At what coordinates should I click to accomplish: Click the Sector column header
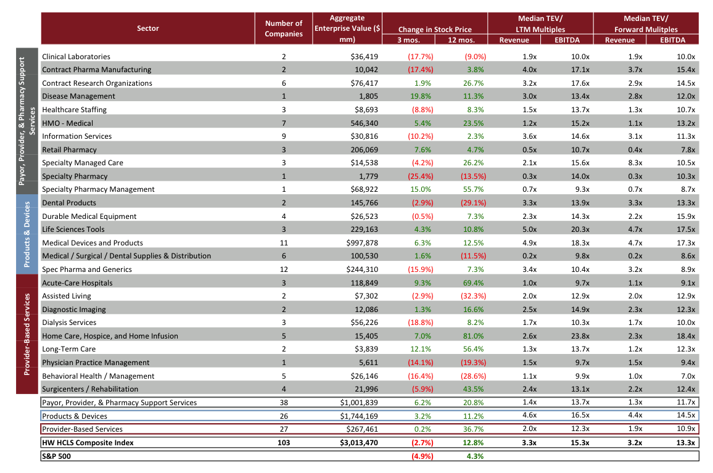[x=147, y=28]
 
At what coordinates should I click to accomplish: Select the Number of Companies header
[x=284, y=28]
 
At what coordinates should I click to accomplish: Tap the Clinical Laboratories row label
[x=76, y=57]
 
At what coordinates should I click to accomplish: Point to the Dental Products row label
[x=69, y=203]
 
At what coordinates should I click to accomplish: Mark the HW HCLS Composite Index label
[x=88, y=443]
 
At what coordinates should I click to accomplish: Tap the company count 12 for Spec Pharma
[x=284, y=269]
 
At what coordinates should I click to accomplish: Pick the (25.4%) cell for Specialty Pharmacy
[x=420, y=176]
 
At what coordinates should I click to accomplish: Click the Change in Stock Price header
[x=435, y=29]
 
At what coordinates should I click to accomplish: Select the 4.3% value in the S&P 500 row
[x=475, y=456]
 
